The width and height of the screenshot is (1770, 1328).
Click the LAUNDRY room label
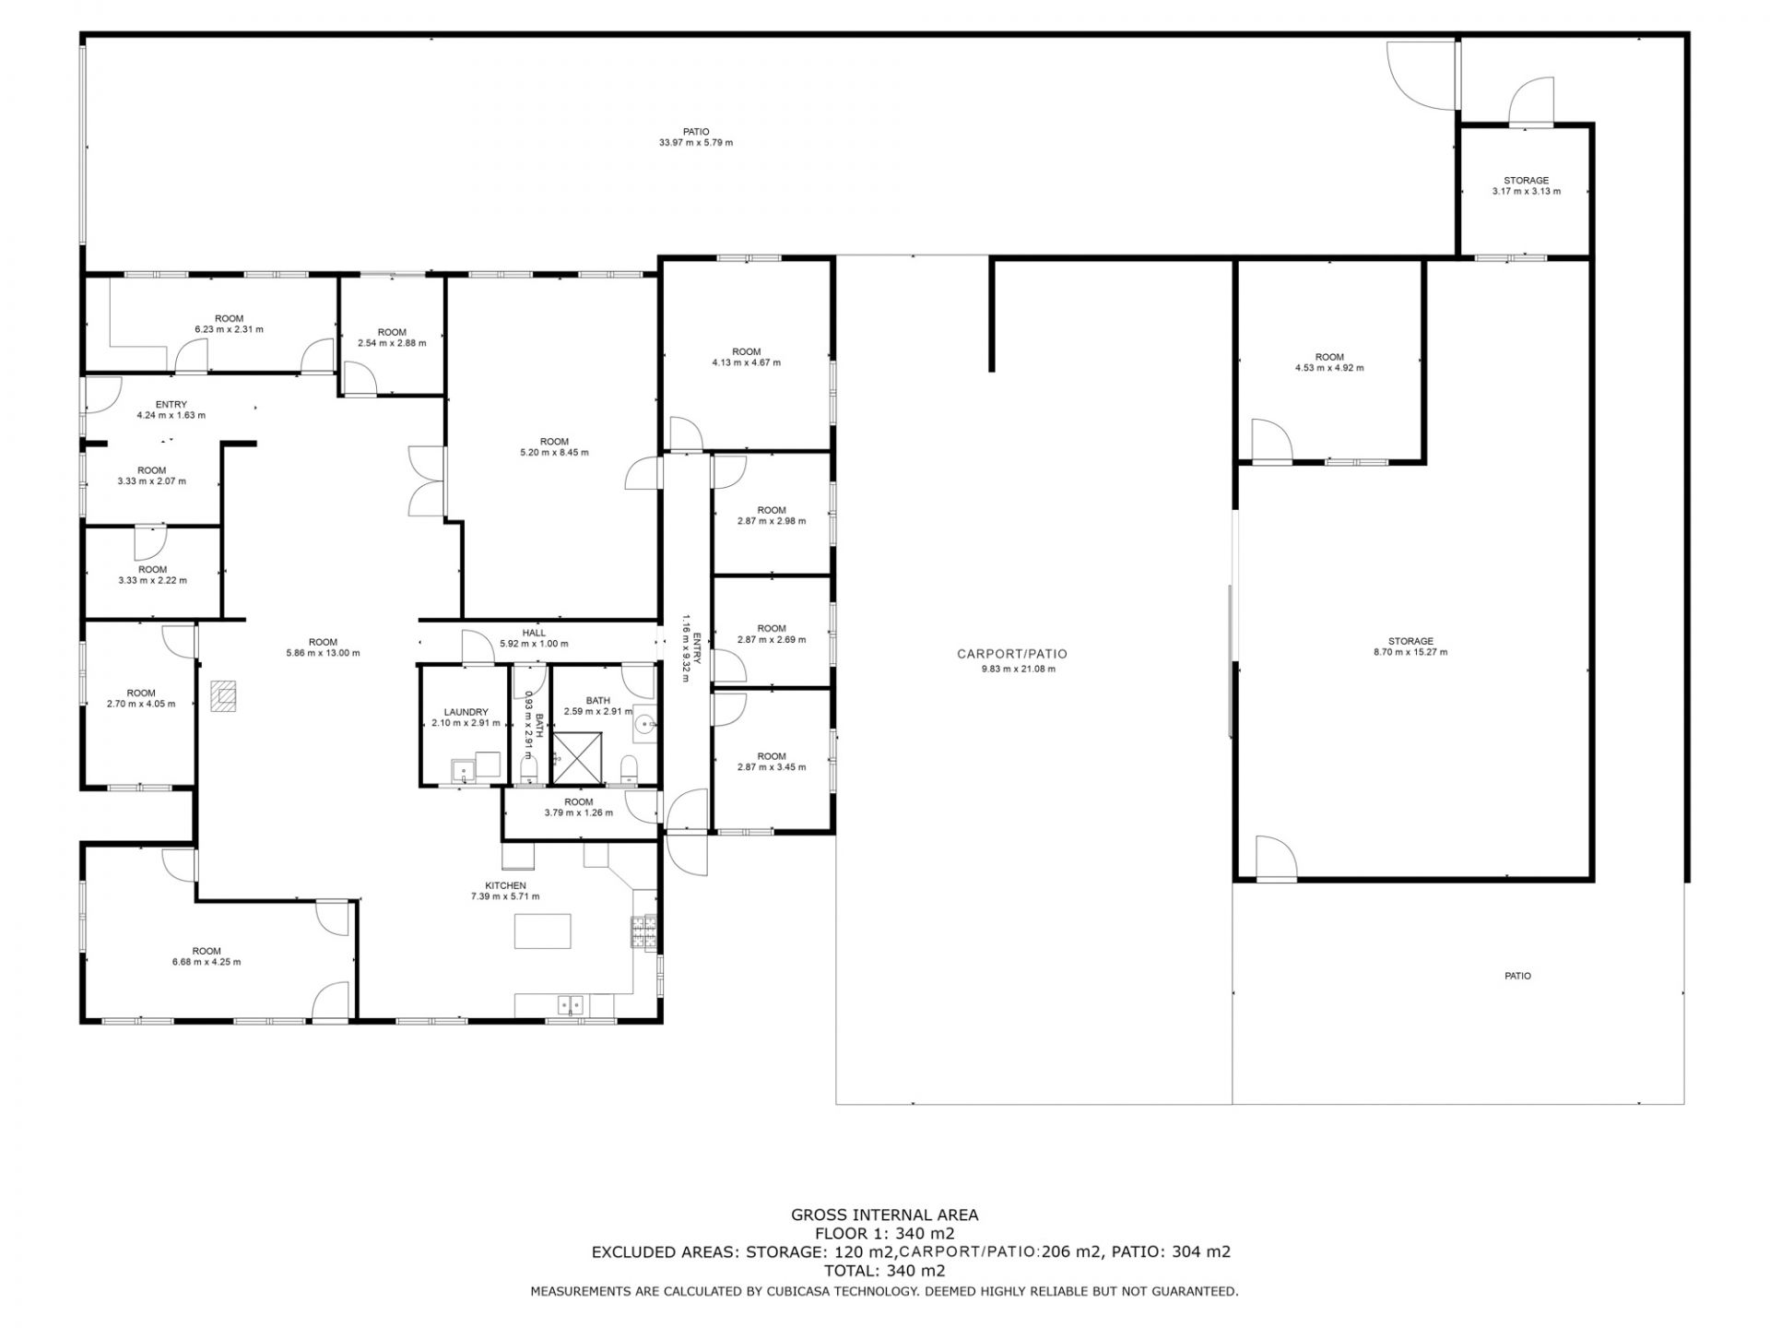point(466,712)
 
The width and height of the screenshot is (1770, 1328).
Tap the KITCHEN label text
point(505,885)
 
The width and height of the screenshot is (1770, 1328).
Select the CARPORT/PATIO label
point(1012,654)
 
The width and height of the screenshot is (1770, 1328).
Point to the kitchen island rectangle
point(542,931)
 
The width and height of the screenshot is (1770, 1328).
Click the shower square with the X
point(577,758)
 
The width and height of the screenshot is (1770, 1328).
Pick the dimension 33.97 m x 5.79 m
point(696,143)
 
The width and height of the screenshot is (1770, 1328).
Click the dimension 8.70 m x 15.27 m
point(1410,652)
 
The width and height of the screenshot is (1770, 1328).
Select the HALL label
point(534,633)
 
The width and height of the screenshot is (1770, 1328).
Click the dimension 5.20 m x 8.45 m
point(554,453)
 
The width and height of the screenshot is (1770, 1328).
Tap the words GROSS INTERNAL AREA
point(885,1215)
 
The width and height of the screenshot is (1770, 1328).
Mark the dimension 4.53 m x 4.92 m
point(1329,368)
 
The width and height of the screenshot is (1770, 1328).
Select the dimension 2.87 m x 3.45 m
point(772,767)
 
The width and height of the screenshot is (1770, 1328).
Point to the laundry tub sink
point(464,770)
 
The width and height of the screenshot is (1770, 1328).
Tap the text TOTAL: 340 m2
point(885,1271)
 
